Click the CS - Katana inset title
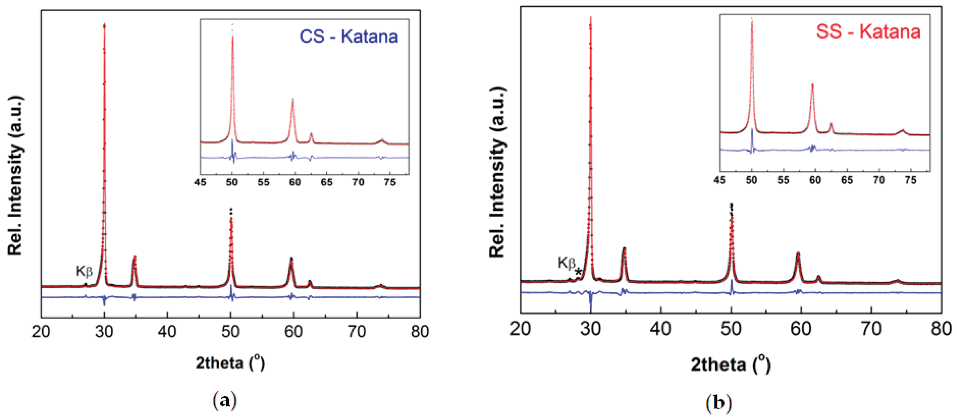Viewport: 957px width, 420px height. pos(348,36)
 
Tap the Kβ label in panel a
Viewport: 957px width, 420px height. pos(84,271)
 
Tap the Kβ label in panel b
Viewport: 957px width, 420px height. pos(566,263)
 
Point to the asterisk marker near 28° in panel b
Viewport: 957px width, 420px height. pos(578,272)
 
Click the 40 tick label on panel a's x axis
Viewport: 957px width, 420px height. pos(167,331)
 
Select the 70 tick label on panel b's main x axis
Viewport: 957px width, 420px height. pos(871,329)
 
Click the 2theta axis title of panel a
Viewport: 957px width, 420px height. pos(230,363)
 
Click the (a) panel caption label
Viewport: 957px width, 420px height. pos(224,401)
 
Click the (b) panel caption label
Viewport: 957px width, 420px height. pos(719,403)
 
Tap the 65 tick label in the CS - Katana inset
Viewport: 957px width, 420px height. pos(327,182)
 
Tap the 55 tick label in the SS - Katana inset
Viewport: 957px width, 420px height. pos(783,180)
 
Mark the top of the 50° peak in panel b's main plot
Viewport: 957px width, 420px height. pos(731,205)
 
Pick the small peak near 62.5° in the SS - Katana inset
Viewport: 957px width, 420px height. pos(831,124)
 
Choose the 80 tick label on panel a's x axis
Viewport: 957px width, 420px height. pos(420,331)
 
